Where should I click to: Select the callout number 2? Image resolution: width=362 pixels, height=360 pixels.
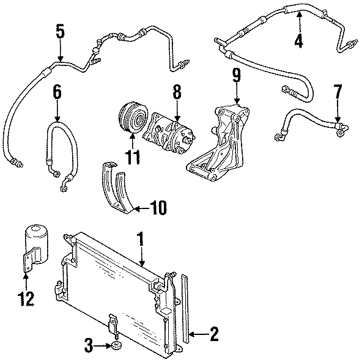(x=213, y=333)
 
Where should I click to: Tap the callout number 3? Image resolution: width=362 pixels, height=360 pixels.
(x=89, y=347)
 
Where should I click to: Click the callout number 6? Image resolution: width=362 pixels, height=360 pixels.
(x=57, y=92)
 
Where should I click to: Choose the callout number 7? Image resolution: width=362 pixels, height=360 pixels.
(x=337, y=92)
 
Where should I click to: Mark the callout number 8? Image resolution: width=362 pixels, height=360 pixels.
(x=177, y=92)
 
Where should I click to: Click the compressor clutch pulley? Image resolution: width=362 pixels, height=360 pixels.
(x=131, y=117)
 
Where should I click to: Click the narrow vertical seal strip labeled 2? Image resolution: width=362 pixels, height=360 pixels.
(x=186, y=312)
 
